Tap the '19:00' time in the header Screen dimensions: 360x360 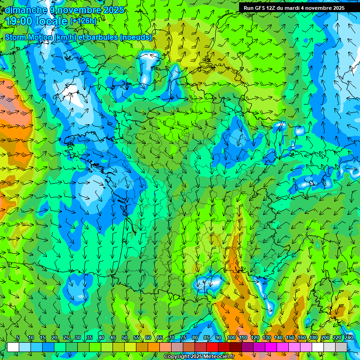point(19,21)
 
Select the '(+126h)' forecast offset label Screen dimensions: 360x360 point(83,21)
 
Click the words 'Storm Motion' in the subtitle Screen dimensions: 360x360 point(29,37)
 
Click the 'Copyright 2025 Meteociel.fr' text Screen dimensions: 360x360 point(199,357)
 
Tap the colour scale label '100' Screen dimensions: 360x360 point(232,337)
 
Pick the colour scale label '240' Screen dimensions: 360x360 point(349,337)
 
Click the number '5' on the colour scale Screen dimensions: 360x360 point(17,337)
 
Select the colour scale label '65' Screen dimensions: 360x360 point(160,337)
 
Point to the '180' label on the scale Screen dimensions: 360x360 point(313,337)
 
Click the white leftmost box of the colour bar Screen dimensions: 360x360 point(13,347)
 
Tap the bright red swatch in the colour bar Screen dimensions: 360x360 point(212,347)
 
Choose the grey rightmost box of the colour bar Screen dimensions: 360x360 point(341,347)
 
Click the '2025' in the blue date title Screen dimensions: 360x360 point(114,10)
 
